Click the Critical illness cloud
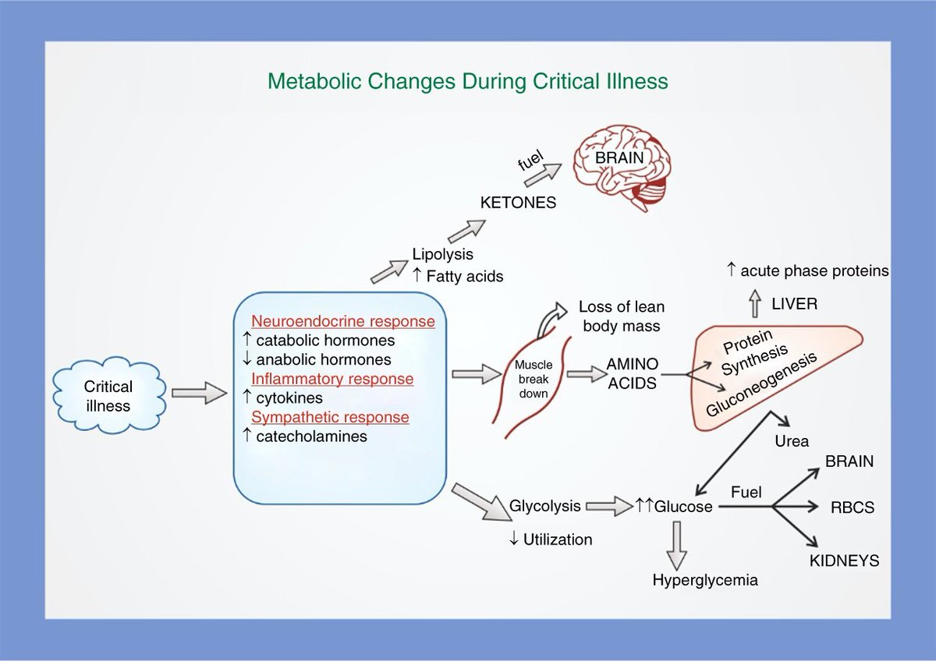coord(108,395)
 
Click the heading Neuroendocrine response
coord(342,321)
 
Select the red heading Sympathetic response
coord(330,417)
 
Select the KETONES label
coord(518,203)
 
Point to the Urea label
coord(792,441)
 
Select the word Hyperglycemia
coord(705,580)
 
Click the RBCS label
coord(853,507)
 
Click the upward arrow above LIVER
coord(753,302)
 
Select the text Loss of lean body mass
coord(622,315)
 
